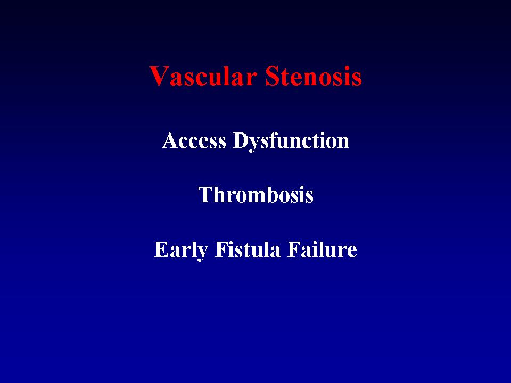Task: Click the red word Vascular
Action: pyautogui.click(x=203, y=76)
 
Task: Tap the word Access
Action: pyautogui.click(x=194, y=140)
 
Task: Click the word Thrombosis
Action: pyautogui.click(x=256, y=195)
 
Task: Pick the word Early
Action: pyautogui.click(x=181, y=251)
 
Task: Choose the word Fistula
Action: pyautogui.click(x=248, y=249)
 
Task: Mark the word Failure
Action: pyautogui.click(x=322, y=249)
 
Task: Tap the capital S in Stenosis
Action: pyautogui.click(x=273, y=76)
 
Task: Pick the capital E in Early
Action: pyautogui.click(x=161, y=249)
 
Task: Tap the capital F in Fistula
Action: pyautogui.click(x=221, y=249)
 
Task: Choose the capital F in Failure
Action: pyautogui.click(x=294, y=249)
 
